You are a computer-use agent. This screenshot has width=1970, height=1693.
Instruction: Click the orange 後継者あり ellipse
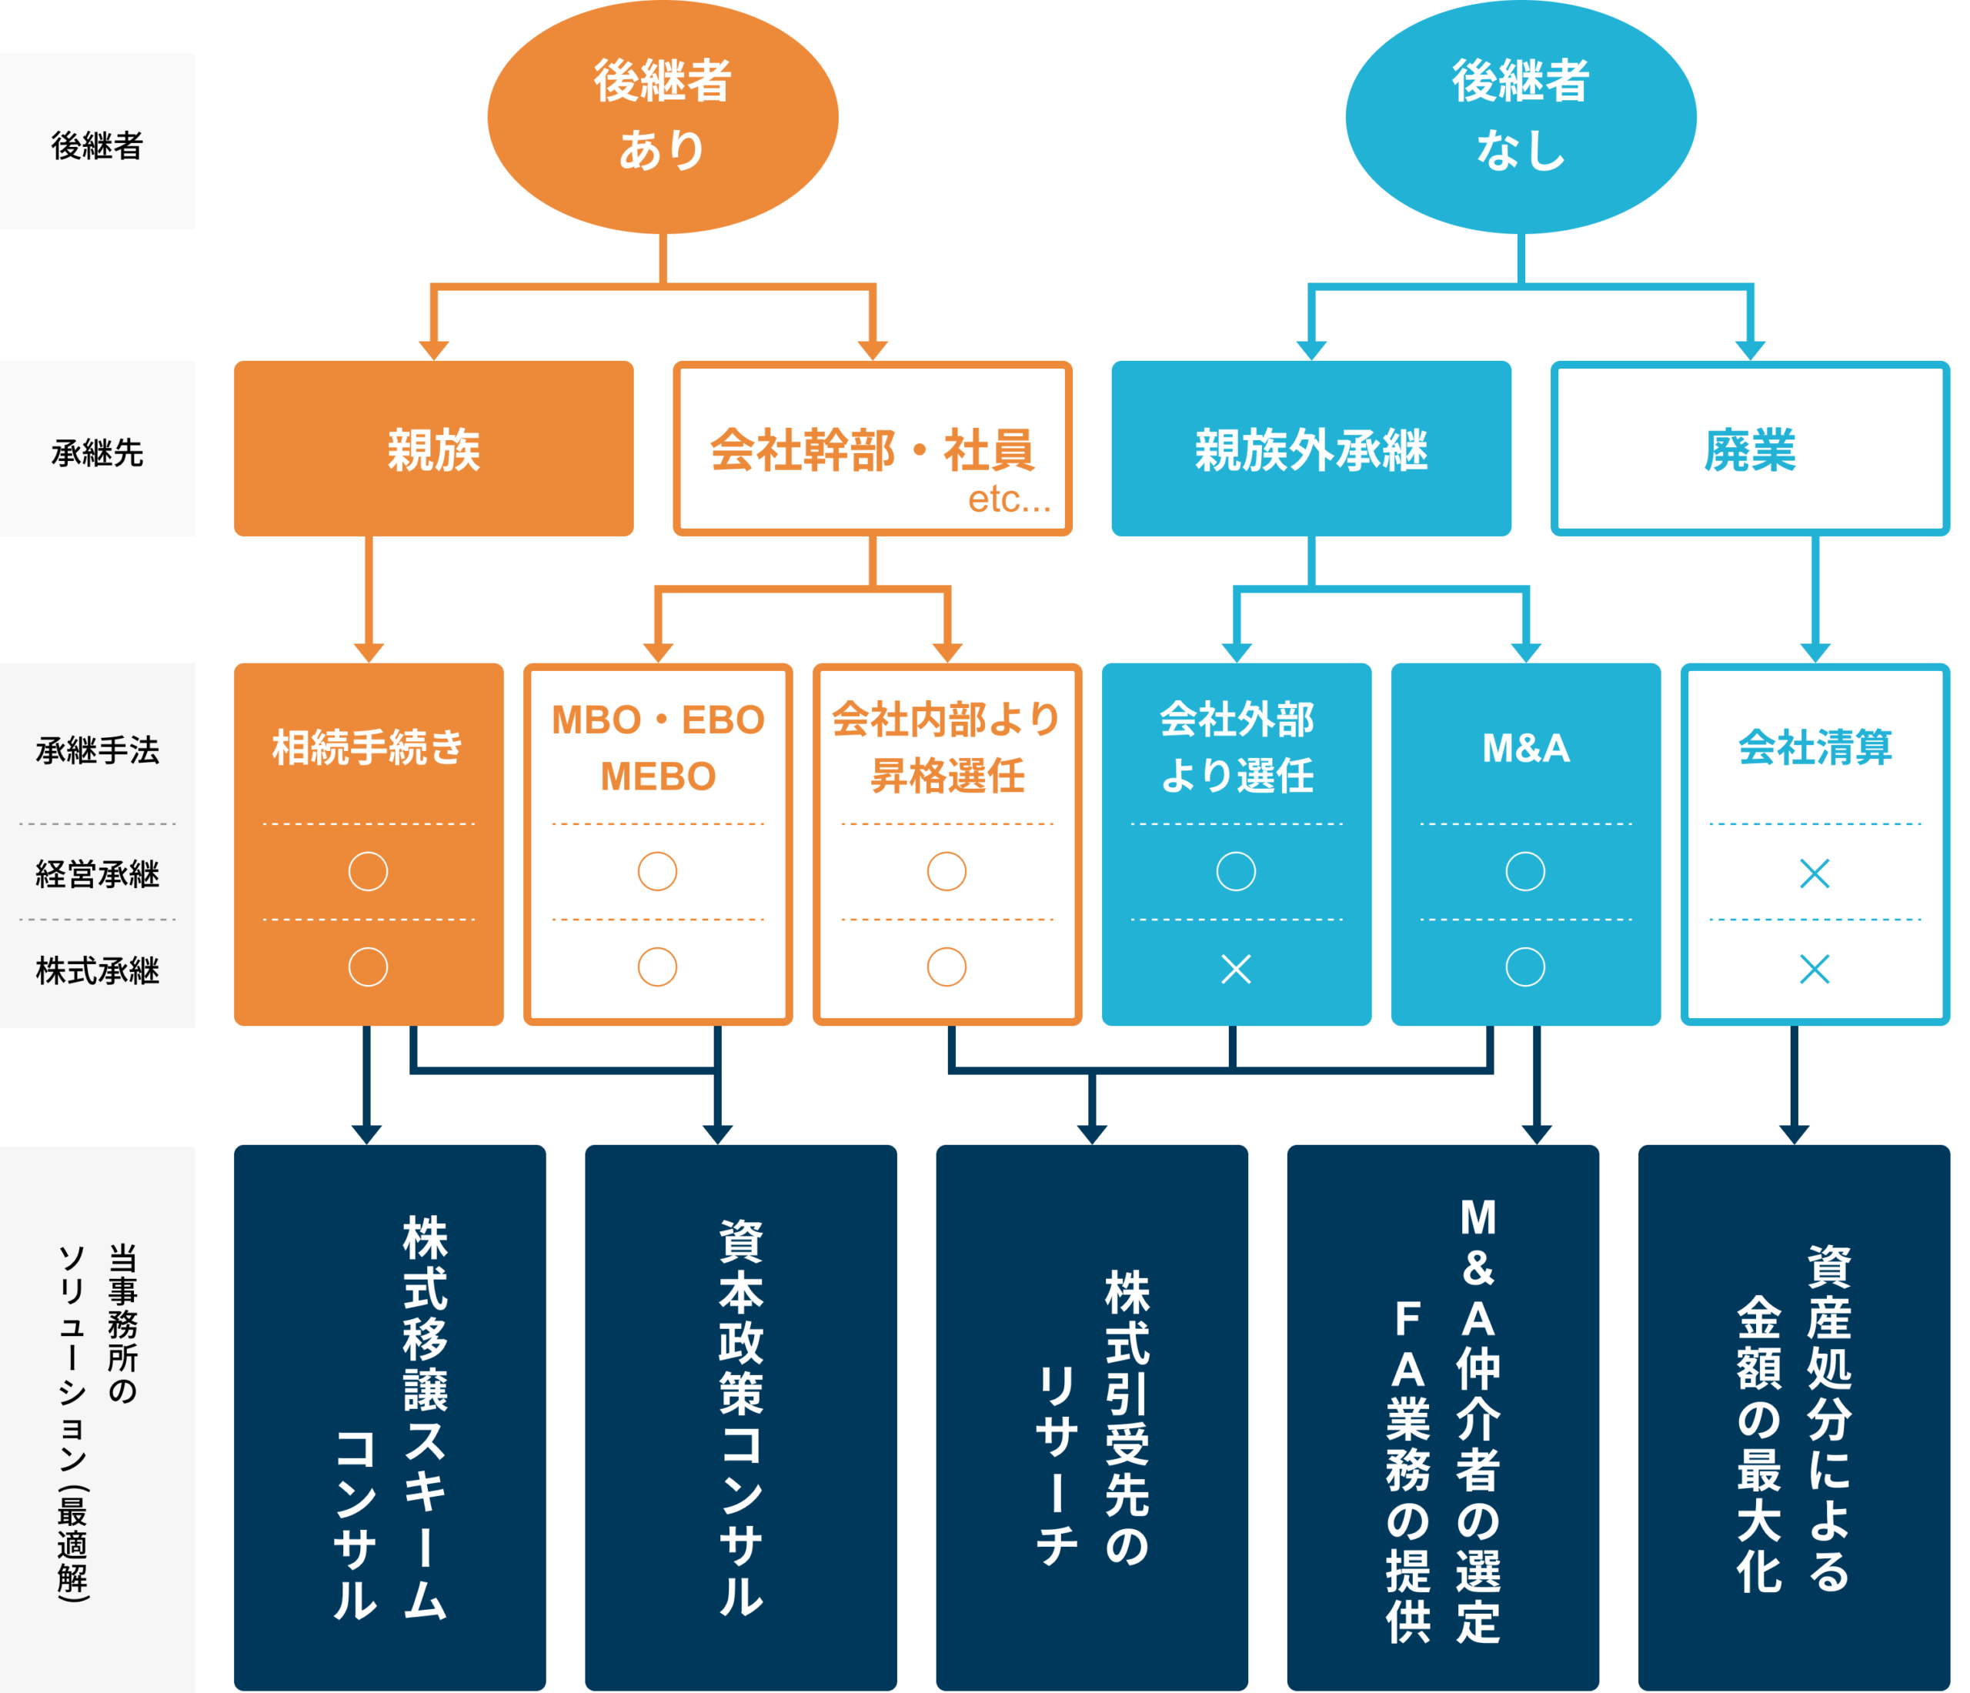(x=662, y=116)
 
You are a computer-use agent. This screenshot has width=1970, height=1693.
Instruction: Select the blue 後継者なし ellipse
(x=1521, y=116)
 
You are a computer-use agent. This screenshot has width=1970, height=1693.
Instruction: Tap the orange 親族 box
(x=433, y=449)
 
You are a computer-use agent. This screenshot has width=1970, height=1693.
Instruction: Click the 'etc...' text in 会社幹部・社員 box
(x=1009, y=499)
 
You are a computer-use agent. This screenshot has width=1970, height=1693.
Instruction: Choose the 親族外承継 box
(x=1311, y=449)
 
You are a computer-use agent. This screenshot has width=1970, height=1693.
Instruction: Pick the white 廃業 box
(x=1749, y=449)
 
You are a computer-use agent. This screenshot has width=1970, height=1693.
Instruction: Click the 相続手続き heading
(x=368, y=747)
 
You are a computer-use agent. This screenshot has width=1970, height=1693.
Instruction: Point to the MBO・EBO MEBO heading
(x=658, y=747)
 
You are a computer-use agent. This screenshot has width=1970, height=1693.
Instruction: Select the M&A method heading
(x=1525, y=748)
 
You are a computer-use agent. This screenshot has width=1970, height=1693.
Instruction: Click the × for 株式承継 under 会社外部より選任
(x=1236, y=969)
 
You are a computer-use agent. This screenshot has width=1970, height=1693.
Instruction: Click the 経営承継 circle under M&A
(x=1525, y=870)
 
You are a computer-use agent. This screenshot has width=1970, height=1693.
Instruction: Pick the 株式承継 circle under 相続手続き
(x=368, y=967)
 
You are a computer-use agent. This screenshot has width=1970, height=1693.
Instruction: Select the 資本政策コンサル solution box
(x=740, y=1417)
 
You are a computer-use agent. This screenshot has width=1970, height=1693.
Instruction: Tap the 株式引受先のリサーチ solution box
(x=1091, y=1417)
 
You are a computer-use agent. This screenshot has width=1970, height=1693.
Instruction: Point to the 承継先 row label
(x=97, y=452)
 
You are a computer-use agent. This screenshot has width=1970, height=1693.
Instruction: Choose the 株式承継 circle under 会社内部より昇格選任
(x=947, y=967)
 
